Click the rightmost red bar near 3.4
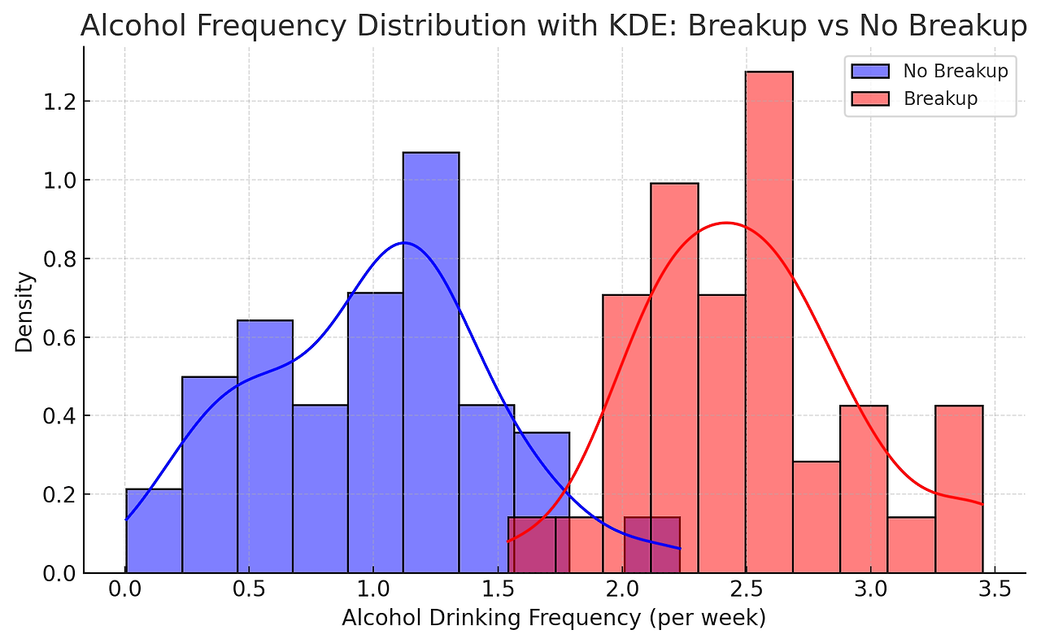click(x=959, y=489)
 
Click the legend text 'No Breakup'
click(x=955, y=71)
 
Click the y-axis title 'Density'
click(x=25, y=311)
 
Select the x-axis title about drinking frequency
click(x=554, y=619)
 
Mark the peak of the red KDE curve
click(x=725, y=223)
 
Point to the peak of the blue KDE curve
click(x=404, y=243)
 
